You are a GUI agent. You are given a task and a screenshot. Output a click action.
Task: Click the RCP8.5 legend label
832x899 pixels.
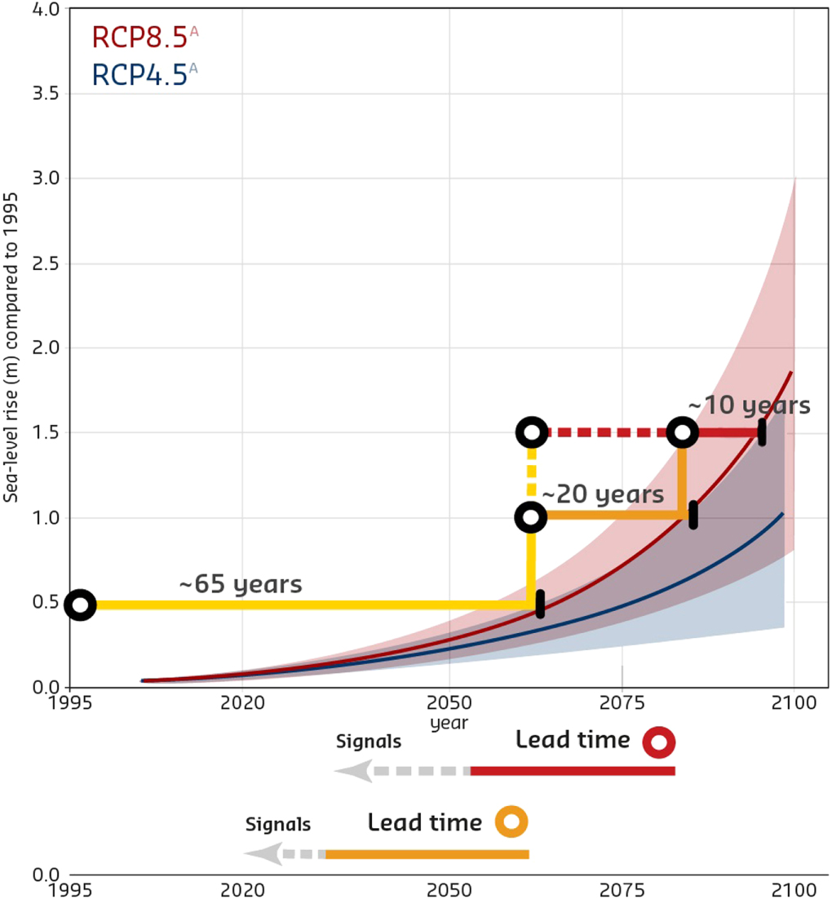(x=139, y=38)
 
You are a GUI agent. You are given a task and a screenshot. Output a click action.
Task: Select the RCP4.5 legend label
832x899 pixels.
(x=139, y=74)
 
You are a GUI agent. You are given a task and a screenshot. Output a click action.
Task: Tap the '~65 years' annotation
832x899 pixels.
(x=241, y=585)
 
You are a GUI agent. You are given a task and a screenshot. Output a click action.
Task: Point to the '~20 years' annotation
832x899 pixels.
(x=603, y=494)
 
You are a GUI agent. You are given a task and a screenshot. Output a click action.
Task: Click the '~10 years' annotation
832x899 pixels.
(x=749, y=405)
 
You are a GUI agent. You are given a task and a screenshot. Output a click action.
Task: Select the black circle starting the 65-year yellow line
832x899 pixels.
(x=80, y=604)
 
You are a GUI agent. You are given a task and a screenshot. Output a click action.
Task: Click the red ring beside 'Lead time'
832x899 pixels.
(x=659, y=742)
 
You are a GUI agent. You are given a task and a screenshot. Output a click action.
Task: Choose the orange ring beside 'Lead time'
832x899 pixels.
(x=511, y=822)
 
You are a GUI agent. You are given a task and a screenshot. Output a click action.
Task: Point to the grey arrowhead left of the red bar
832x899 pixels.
(x=350, y=771)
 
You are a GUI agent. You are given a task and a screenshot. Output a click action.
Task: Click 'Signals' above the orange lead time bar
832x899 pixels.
(x=278, y=825)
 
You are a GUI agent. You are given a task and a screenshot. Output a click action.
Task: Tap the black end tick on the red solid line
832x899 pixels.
(x=762, y=433)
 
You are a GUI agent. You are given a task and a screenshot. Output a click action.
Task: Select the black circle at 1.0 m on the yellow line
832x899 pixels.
(x=531, y=516)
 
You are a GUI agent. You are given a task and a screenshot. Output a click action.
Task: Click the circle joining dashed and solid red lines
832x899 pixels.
(x=682, y=432)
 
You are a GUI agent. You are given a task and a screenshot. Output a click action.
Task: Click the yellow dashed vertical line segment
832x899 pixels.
(x=531, y=474)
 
